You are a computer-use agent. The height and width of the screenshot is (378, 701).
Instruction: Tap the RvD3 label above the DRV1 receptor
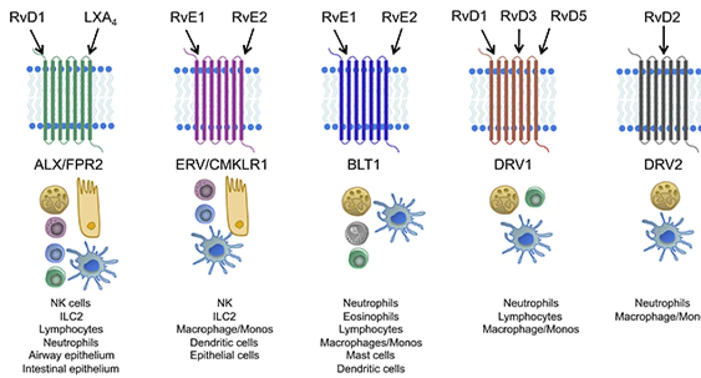pyautogui.click(x=518, y=17)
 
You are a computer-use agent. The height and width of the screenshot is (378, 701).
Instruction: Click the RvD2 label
pyautogui.click(x=662, y=17)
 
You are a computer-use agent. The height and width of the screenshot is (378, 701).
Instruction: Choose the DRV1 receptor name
pyautogui.click(x=514, y=166)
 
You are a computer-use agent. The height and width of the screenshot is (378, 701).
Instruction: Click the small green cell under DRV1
pyautogui.click(x=535, y=197)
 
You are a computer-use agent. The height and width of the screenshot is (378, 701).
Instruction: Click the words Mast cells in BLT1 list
pyautogui.click(x=370, y=356)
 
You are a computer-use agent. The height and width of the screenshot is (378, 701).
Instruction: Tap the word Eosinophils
pyautogui.click(x=370, y=317)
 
